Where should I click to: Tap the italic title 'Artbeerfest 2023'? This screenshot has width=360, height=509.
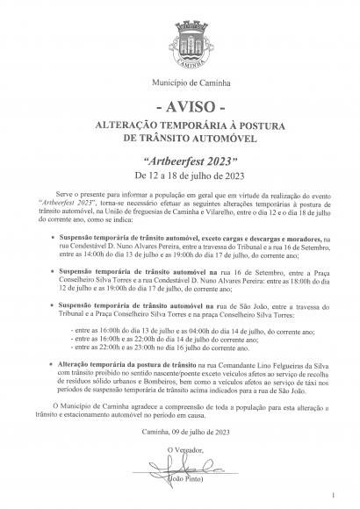click(180, 162)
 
